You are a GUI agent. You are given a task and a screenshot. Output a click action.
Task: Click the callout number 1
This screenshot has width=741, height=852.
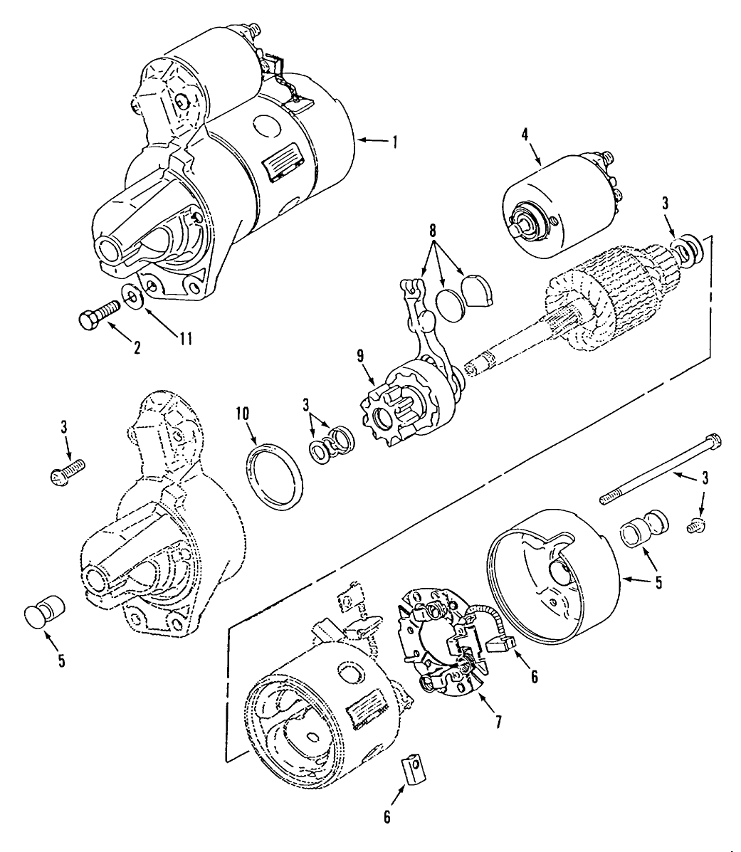[392, 141]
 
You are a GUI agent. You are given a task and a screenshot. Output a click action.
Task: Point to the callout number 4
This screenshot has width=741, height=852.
[535, 135]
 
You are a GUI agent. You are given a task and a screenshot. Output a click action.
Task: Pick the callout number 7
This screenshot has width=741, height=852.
[498, 722]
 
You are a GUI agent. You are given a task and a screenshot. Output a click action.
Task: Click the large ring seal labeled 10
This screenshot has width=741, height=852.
[277, 477]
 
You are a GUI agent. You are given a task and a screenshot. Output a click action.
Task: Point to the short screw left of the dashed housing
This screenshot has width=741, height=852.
[67, 471]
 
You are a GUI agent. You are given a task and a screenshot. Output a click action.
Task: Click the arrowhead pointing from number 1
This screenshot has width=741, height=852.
[360, 141]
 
